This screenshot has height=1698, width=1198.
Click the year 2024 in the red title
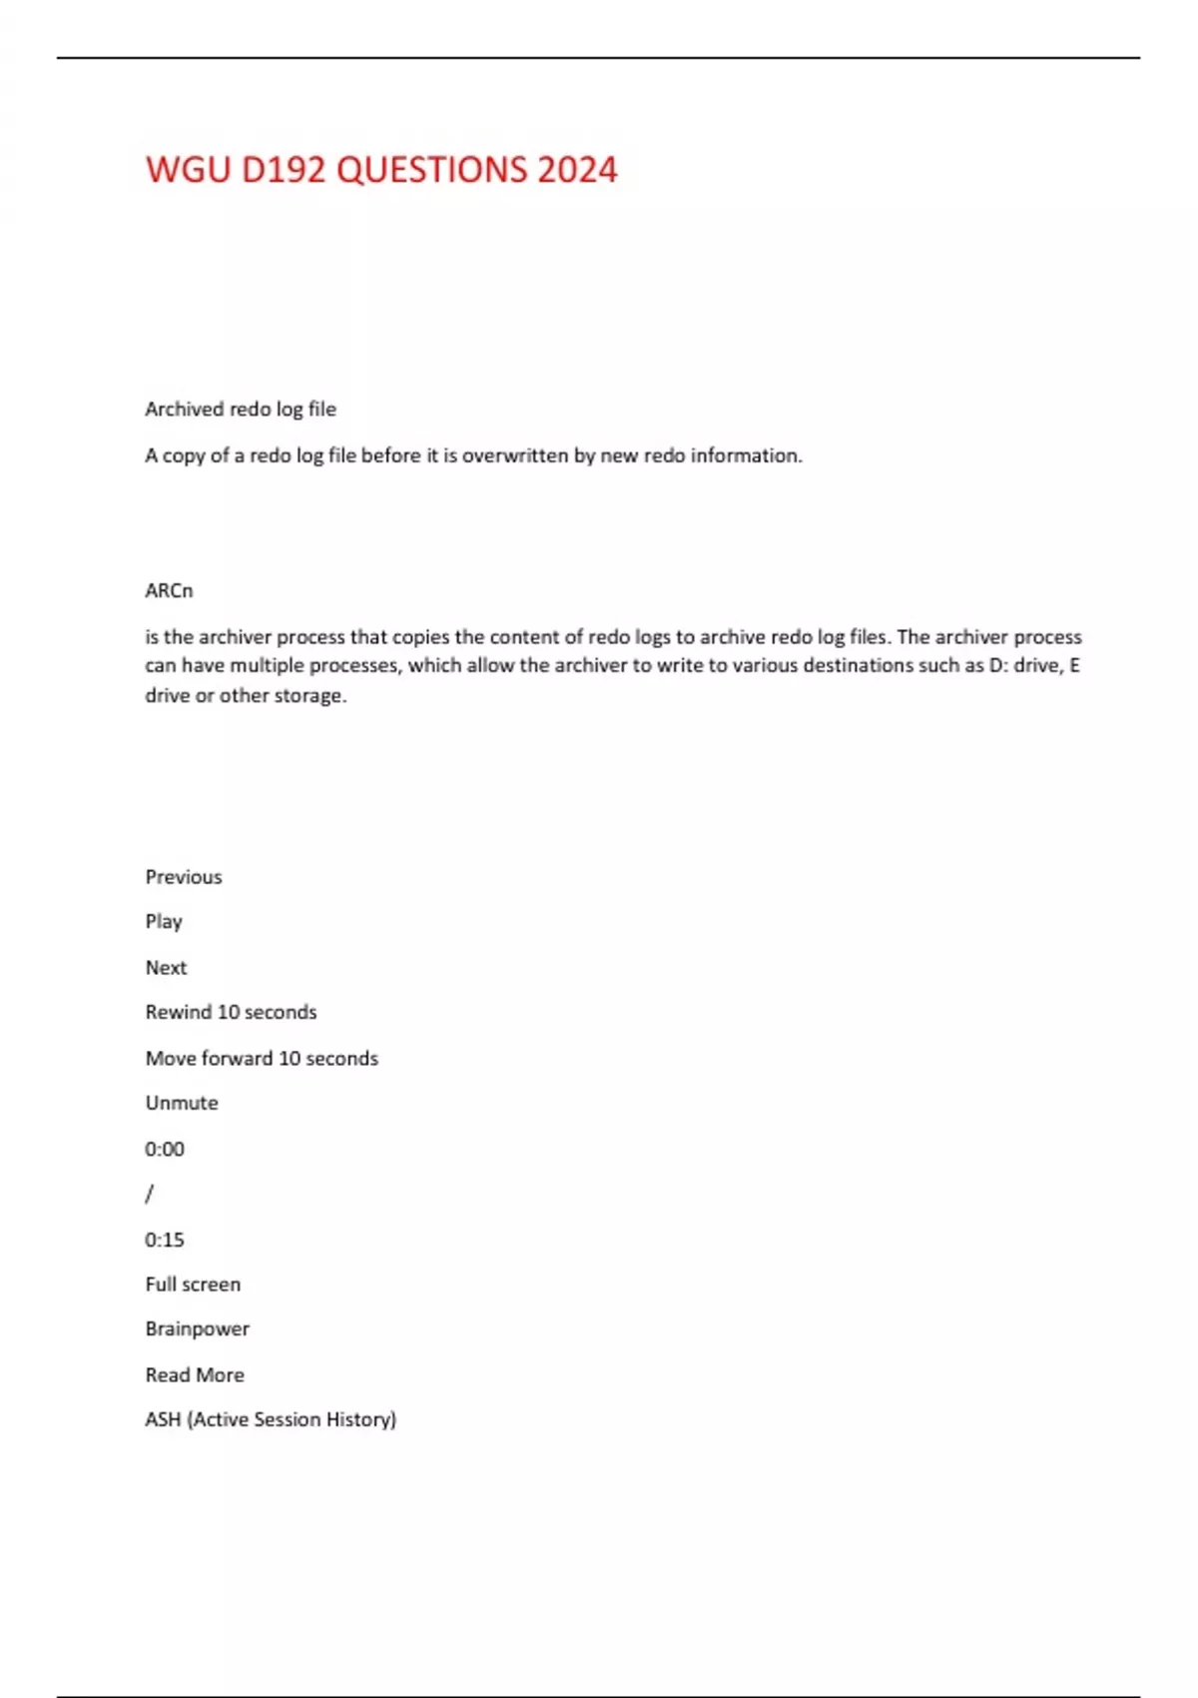[577, 170]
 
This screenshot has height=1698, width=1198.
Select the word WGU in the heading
[187, 170]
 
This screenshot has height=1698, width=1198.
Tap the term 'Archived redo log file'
[241, 409]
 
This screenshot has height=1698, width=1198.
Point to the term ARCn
[169, 590]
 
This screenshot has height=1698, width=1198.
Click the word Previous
[184, 876]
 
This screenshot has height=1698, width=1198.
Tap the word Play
[164, 921]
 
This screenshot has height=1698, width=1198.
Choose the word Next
[166, 967]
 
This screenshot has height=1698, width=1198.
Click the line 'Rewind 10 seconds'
[231, 1012]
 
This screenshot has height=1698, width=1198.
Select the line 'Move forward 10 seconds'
[262, 1058]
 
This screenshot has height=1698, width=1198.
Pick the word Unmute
[182, 1103]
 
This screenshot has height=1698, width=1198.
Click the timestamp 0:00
[165, 1149]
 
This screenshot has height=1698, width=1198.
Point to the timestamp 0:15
[165, 1240]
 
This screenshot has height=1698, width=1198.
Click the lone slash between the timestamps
[150, 1194]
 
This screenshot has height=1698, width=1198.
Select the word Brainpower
[197, 1328]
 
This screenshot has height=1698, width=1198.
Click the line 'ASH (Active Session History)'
[271, 1419]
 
